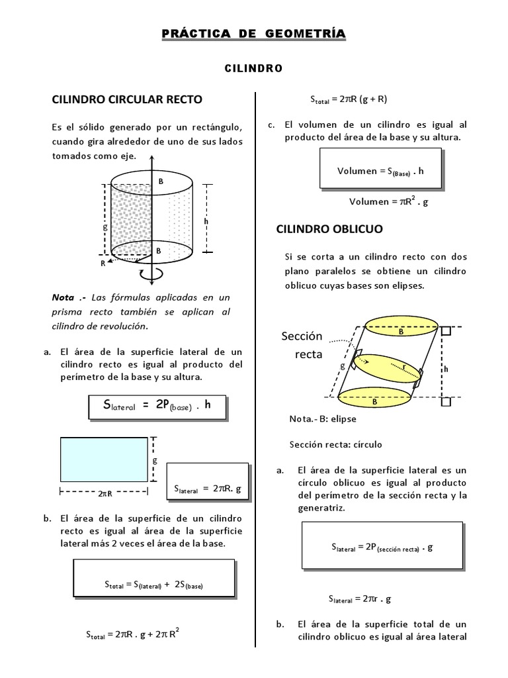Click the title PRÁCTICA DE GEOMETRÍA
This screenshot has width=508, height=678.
pyautogui.click(x=253, y=34)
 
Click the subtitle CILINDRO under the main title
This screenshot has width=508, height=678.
pyautogui.click(x=254, y=68)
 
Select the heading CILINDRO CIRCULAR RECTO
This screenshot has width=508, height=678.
pyautogui.click(x=127, y=99)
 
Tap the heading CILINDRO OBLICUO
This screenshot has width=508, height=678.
pyautogui.click(x=329, y=228)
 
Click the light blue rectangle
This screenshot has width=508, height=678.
pyautogui.click(x=104, y=459)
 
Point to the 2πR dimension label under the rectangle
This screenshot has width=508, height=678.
pyautogui.click(x=104, y=493)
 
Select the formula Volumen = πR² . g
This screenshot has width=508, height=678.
pyautogui.click(x=389, y=202)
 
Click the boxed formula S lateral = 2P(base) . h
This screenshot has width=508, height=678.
pyautogui.click(x=157, y=407)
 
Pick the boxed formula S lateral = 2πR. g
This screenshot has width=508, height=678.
pyautogui.click(x=207, y=488)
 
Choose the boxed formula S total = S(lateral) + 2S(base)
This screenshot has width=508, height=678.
pyautogui.click(x=153, y=584)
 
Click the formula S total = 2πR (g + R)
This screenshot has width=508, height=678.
pyautogui.click(x=349, y=99)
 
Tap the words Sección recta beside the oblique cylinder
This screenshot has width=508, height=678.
pyautogui.click(x=301, y=345)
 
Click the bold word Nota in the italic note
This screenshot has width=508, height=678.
pyautogui.click(x=63, y=297)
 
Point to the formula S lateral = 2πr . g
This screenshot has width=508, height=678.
pyautogui.click(x=360, y=599)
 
